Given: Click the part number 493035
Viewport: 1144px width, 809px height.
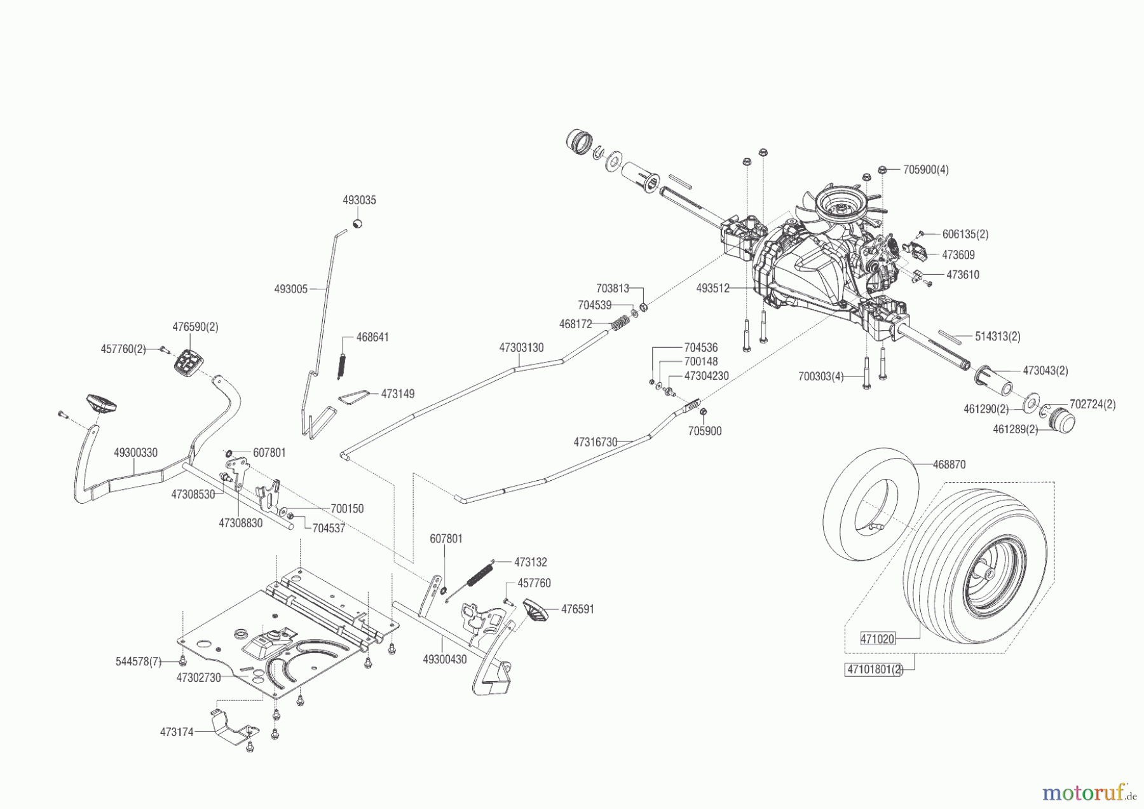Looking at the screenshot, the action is click(359, 200).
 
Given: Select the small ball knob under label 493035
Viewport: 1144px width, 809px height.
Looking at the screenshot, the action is click(358, 224).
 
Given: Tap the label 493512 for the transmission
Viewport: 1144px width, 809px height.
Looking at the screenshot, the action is click(712, 288).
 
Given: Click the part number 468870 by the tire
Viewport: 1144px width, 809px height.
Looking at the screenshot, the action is click(949, 465).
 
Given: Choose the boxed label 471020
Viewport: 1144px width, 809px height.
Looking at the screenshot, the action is click(877, 639).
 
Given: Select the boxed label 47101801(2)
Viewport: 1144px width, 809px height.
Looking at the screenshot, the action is click(874, 670).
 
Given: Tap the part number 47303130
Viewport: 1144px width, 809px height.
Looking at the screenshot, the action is click(521, 348).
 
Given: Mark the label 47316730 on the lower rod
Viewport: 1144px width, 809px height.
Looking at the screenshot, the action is click(596, 441).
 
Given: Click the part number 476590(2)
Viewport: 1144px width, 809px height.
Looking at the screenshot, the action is click(195, 327).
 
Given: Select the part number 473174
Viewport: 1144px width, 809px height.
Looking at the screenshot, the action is click(177, 732).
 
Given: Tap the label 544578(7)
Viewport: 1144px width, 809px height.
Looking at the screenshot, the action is click(138, 661).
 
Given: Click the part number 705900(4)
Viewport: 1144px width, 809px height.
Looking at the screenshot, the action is click(926, 170).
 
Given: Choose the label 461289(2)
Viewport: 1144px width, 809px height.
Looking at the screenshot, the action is click(1016, 429).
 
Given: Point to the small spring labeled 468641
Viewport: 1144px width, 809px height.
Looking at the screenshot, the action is click(341, 366).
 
